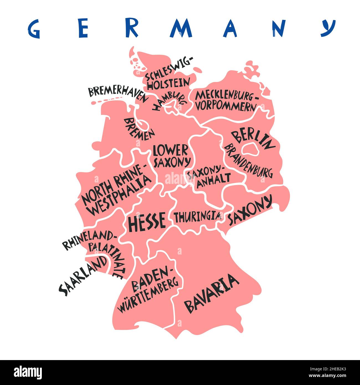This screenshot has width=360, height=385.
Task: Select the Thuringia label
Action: [197, 216]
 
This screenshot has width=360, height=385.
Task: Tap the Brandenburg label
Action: [248, 161]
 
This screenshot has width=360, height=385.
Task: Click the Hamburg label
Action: [168, 101]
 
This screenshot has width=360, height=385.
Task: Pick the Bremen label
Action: [139, 129]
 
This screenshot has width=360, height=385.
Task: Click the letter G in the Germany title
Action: [34, 29]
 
